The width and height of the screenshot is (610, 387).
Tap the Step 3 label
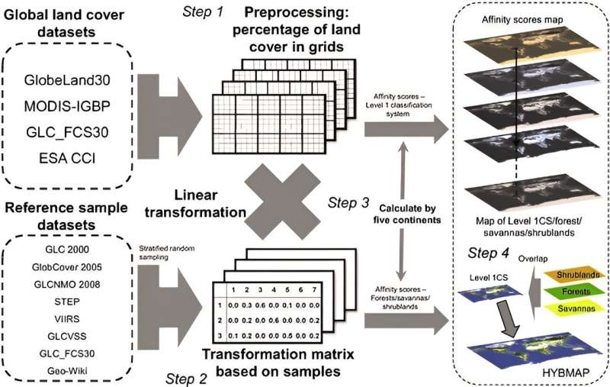pos(349,203)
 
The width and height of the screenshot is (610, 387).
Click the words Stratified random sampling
pos(162,250)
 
